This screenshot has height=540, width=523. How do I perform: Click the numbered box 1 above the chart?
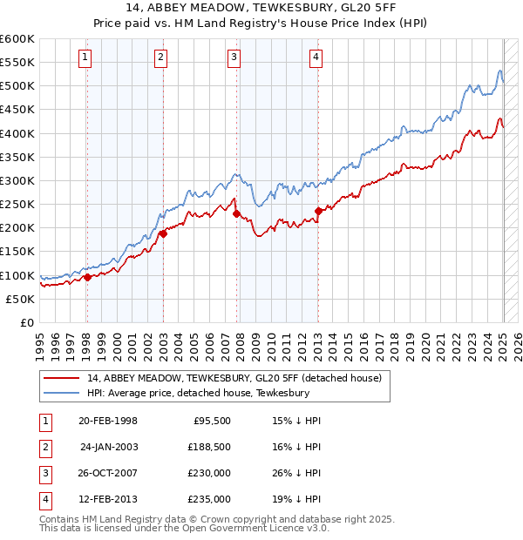pyautogui.click(x=85, y=57)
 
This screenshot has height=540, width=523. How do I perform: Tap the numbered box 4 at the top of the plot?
pyautogui.click(x=315, y=57)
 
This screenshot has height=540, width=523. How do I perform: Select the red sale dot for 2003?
pyautogui.click(x=163, y=233)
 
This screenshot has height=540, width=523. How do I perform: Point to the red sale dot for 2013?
pyautogui.click(x=318, y=211)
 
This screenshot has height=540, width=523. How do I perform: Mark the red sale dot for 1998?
pyautogui.click(x=87, y=277)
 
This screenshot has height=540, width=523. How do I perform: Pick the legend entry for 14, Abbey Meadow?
pyautogui.click(x=234, y=379)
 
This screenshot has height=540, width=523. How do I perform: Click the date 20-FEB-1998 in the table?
pyautogui.click(x=108, y=421)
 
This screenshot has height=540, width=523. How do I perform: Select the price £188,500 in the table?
pyautogui.click(x=209, y=447)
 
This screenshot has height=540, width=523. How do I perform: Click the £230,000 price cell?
pyautogui.click(x=209, y=473)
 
